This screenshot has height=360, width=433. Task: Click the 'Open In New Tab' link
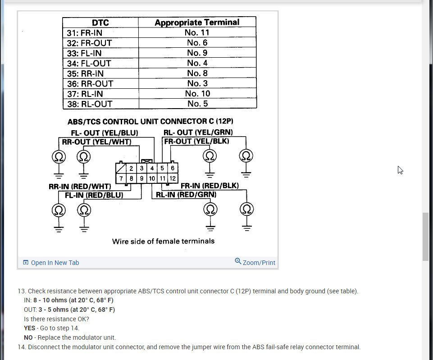pyautogui.click(x=51, y=263)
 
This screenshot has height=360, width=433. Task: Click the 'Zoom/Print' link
pyautogui.click(x=255, y=262)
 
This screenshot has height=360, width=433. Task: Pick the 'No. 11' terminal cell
pyautogui.click(x=197, y=32)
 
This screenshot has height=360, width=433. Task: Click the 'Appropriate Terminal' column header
pyautogui.click(x=197, y=22)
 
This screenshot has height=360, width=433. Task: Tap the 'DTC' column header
pyautogui.click(x=100, y=23)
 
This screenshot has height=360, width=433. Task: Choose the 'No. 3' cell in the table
pyautogui.click(x=197, y=83)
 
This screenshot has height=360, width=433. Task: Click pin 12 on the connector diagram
pyautogui.click(x=173, y=178)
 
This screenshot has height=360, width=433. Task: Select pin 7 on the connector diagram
pyautogui.click(x=121, y=178)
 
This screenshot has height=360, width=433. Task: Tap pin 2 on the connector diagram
pyautogui.click(x=131, y=169)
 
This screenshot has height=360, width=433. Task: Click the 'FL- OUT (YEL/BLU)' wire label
pyautogui.click(x=104, y=133)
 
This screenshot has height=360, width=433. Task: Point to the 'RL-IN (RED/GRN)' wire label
pyautogui.click(x=186, y=195)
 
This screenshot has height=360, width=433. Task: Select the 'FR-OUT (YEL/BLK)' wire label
pyautogui.click(x=196, y=141)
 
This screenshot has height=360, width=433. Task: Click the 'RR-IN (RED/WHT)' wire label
pyautogui.click(x=80, y=186)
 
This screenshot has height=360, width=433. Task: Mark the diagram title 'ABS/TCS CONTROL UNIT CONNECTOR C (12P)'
pyautogui.click(x=150, y=122)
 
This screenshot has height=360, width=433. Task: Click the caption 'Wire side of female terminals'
pyautogui.click(x=163, y=241)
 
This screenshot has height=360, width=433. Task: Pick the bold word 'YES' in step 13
pyautogui.click(x=30, y=328)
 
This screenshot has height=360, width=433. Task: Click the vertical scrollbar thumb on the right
pyautogui.click(x=425, y=237)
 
